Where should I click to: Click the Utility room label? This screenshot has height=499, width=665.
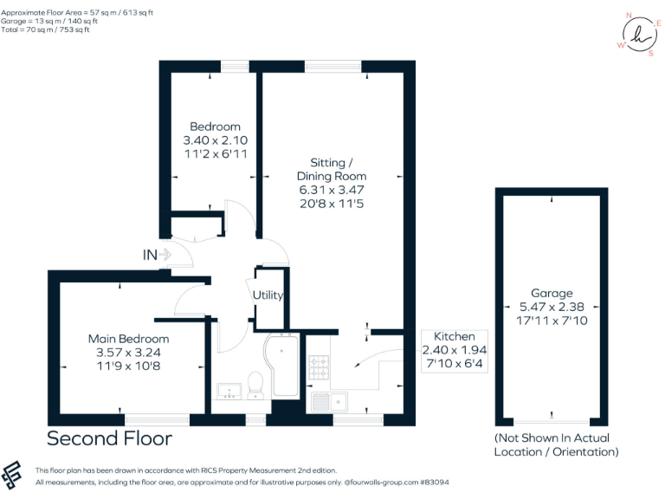pos(268,295)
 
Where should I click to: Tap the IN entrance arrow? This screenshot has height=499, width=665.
pos(157,255)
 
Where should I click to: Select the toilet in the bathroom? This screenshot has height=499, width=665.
pos(255,384)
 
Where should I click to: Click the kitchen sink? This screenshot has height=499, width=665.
pos(331,401)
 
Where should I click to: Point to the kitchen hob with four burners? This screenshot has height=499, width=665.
pos(318,367)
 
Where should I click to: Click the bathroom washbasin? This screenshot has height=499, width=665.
pos(229,389)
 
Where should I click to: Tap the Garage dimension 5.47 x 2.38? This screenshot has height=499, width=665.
pos(552,307)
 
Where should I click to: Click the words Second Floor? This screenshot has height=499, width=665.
pos(109,439)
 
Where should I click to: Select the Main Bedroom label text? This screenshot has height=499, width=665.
pos(129,339)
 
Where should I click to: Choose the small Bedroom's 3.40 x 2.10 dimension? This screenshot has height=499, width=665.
pos(216,140)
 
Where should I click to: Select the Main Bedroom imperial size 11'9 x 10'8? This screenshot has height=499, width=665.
pos(129,366)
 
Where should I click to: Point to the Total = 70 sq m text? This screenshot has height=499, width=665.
pos(48,29)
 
